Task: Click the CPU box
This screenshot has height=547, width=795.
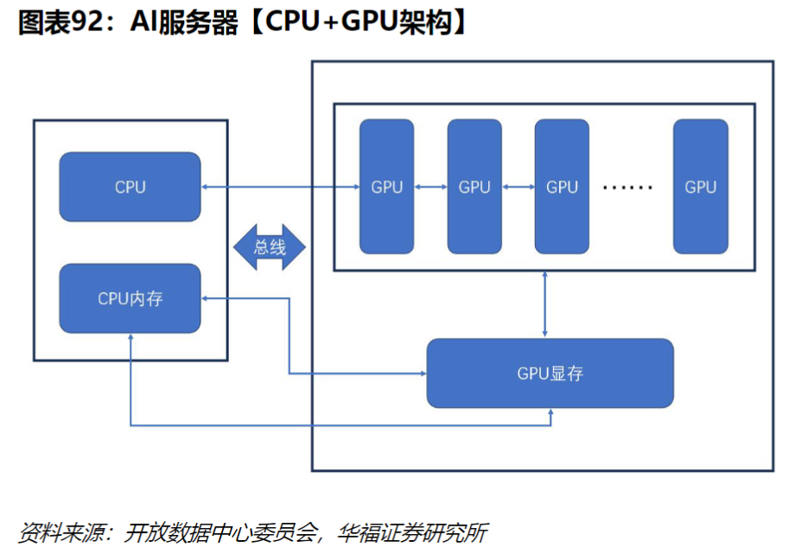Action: pyautogui.click(x=130, y=187)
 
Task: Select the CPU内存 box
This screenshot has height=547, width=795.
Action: pyautogui.click(x=130, y=299)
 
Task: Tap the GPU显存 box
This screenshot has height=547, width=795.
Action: pyautogui.click(x=550, y=373)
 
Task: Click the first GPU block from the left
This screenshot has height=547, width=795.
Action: pyautogui.click(x=386, y=187)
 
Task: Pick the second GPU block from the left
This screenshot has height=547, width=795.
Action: pyautogui.click(x=474, y=187)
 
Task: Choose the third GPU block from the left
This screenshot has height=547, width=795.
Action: pyautogui.click(x=562, y=187)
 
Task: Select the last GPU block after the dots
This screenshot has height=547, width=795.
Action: pyautogui.click(x=700, y=187)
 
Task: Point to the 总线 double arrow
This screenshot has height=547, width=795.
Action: pyautogui.click(x=270, y=247)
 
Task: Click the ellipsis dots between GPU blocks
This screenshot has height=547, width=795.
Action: pyautogui.click(x=628, y=187)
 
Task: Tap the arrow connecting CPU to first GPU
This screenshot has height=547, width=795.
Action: pyautogui.click(x=280, y=187)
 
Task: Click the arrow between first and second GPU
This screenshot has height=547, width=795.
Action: pyautogui.click(x=430, y=187)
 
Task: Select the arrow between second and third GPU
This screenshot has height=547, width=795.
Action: pyautogui.click(x=518, y=187)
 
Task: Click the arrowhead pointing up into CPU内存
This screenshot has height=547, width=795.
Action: pyautogui.click(x=130, y=338)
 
